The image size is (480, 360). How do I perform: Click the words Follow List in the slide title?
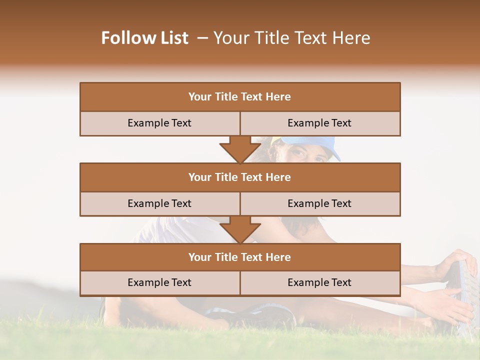tap(145, 38)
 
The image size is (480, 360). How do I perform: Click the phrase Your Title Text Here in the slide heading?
tap(291, 38)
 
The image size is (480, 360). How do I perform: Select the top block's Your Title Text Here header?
tap(239, 97)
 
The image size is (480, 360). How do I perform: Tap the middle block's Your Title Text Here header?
tap(239, 177)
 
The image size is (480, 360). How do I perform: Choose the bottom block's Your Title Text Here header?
tap(239, 257)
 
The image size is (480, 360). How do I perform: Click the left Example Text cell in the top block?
tap(159, 123)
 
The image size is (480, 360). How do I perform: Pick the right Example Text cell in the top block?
tap(319, 123)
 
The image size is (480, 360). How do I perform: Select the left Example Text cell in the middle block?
tap(159, 203)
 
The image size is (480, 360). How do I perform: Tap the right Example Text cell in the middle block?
tap(319, 203)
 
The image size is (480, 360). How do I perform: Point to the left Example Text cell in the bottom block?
tap(159, 282)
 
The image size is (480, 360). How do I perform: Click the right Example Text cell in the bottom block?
tap(319, 282)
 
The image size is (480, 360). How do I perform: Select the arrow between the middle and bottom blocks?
tap(240, 229)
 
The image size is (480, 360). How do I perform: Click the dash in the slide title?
tap(202, 38)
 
